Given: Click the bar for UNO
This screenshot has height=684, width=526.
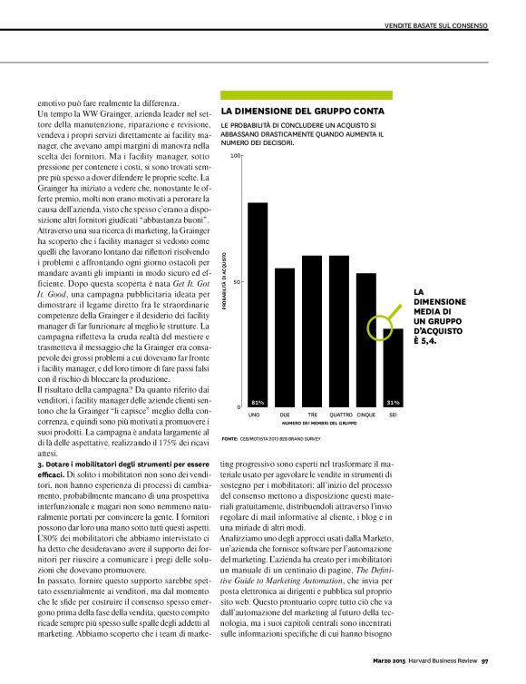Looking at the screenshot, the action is [258, 304].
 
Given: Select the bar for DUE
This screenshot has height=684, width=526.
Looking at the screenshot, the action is [285, 337].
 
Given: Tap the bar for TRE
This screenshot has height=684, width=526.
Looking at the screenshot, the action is [312, 331].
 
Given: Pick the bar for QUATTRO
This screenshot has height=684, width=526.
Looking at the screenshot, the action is [339, 331].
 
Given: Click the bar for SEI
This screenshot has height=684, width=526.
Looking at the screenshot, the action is [393, 366].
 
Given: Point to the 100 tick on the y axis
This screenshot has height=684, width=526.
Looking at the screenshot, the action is [237, 156].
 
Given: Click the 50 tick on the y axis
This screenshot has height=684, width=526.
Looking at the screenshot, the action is [238, 281].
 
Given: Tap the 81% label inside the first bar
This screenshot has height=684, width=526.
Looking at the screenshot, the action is [258, 401].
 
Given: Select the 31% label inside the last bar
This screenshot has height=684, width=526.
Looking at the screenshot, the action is [393, 401].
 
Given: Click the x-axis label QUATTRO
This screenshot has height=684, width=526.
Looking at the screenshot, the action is [339, 415].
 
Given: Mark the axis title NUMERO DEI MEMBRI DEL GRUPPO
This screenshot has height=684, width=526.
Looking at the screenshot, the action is [317, 423].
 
